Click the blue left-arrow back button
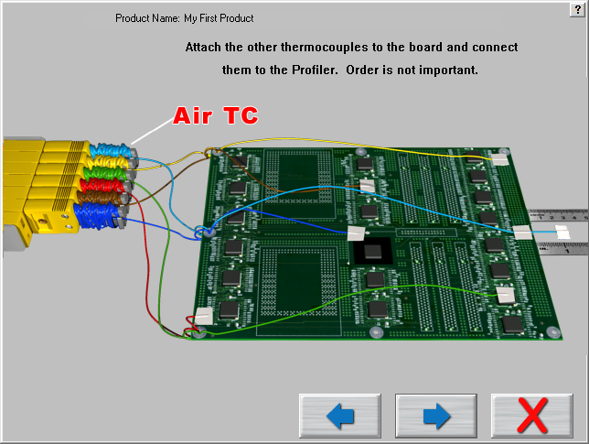pyautogui.click(x=339, y=417)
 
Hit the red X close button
pyautogui.click(x=531, y=417)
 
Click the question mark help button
pyautogui.click(x=577, y=7)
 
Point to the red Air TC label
pyautogui.click(x=216, y=116)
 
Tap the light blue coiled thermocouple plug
pyautogui.click(x=109, y=148)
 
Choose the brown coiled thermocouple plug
pyautogui.click(x=104, y=199)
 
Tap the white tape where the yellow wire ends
pyautogui.click(x=499, y=159)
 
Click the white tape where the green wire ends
pyautogui.click(x=505, y=295)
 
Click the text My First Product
pyautogui.click(x=219, y=18)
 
